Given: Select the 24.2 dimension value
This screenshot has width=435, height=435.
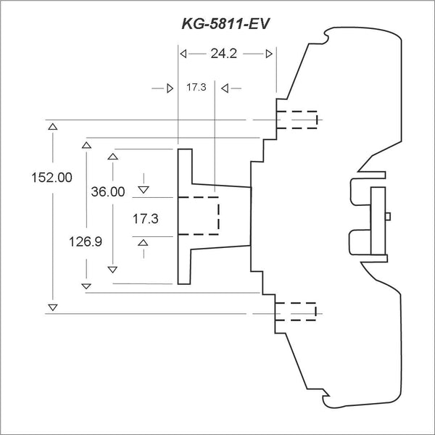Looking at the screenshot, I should [225, 54].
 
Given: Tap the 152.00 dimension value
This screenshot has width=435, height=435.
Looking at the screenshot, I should [51, 177].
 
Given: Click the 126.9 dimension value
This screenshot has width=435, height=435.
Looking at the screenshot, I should [85, 241].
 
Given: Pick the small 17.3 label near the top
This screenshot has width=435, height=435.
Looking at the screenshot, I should [196, 87].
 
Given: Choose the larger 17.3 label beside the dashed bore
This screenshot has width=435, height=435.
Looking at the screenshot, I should [144, 217].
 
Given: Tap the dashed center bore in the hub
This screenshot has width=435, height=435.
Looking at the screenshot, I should [199, 215].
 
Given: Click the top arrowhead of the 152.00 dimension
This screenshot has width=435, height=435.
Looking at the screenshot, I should [51, 128].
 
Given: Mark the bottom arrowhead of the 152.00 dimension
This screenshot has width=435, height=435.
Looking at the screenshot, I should [51, 307].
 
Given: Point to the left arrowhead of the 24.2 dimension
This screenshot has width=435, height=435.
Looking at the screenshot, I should [183, 54].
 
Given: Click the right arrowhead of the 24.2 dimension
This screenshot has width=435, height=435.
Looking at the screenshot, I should [269, 54].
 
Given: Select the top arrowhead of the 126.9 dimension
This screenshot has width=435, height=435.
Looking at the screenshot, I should [86, 146].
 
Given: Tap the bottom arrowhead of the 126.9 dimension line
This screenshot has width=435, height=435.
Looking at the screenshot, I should [86, 286].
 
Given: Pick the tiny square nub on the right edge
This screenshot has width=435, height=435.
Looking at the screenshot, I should [389, 215].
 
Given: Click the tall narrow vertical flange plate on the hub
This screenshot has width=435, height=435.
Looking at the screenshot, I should [185, 215].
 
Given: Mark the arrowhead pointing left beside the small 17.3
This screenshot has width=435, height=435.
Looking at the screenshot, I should [225, 88].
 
